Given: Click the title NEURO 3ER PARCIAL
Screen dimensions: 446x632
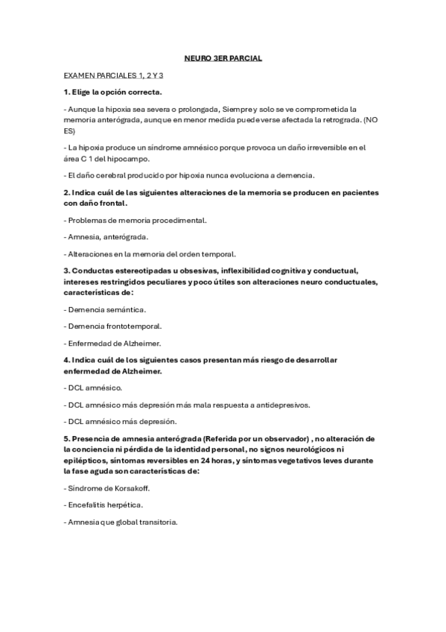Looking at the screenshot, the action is point(223,57).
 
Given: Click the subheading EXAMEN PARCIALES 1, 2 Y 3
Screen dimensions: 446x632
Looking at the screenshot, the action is point(112,75).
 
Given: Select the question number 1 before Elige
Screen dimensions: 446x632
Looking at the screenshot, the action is point(66,92).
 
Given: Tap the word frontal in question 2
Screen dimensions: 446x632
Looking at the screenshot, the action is point(110,203).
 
